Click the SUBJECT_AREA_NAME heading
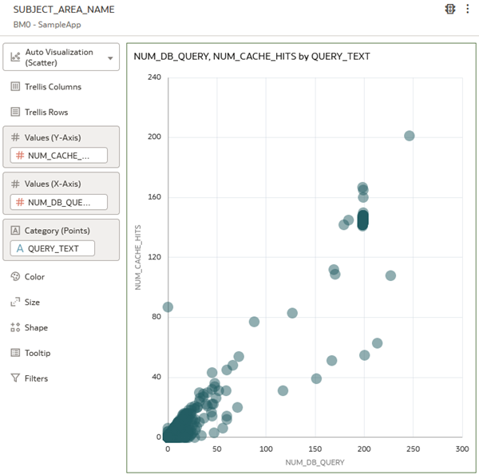(x=64, y=10)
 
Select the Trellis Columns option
(x=52, y=86)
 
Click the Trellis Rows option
(x=46, y=112)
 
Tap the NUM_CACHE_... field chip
(x=58, y=156)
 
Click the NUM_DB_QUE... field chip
(x=58, y=202)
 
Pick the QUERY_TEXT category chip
(x=52, y=248)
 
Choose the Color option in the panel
(x=34, y=276)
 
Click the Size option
(x=32, y=302)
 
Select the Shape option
(x=36, y=327)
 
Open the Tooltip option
(x=37, y=353)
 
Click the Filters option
(x=36, y=378)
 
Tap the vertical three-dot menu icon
(x=467, y=10)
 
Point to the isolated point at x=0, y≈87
(x=168, y=307)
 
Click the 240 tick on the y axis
(x=154, y=77)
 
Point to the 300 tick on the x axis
(x=462, y=449)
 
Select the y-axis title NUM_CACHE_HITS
(x=138, y=257)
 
